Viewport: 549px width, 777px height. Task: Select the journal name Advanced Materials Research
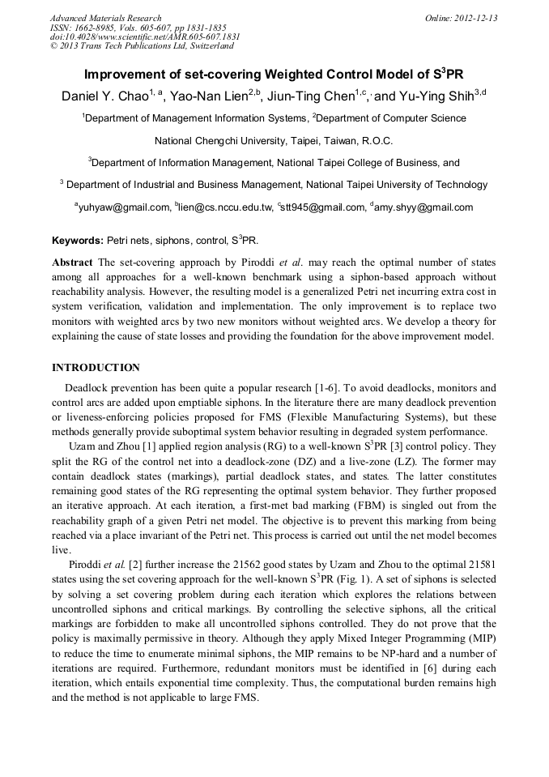click(105, 18)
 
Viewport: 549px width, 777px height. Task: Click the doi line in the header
click(145, 36)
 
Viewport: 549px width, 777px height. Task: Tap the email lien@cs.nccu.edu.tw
click(226, 207)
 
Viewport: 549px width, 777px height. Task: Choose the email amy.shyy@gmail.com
click(423, 207)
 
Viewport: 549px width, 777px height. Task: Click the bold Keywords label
click(78, 241)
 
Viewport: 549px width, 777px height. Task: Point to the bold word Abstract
click(72, 263)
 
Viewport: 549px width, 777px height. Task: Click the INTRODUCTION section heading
click(96, 367)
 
